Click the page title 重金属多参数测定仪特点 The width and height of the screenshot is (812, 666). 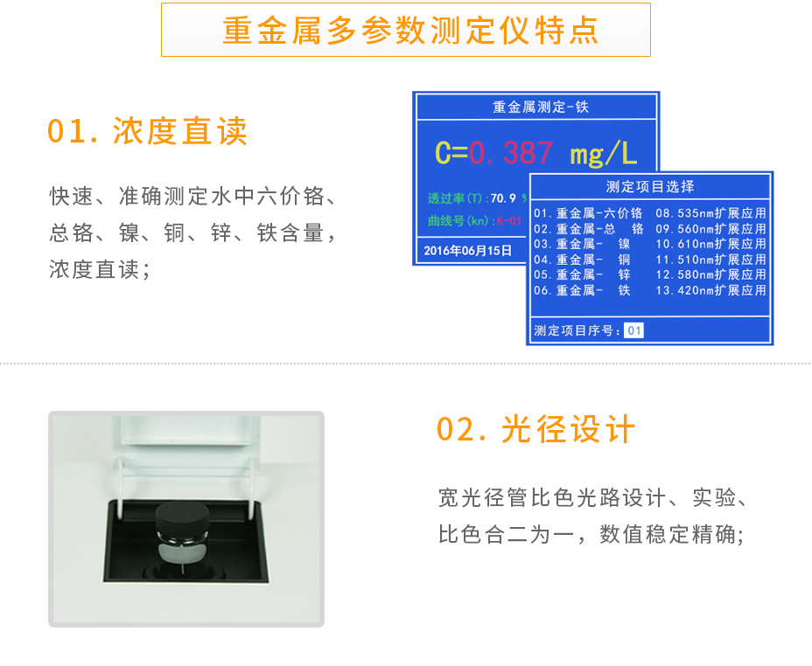point(406,30)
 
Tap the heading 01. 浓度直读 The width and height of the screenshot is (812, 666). point(148,131)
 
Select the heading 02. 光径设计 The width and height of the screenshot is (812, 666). point(536,430)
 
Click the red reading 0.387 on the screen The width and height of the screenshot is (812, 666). point(511,154)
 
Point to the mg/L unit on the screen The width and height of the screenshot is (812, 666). point(603,154)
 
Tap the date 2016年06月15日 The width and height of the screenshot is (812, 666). point(467,250)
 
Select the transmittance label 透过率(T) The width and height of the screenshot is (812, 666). point(457,198)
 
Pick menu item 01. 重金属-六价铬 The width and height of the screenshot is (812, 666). point(588,213)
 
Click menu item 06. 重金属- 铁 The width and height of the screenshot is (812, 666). point(582,290)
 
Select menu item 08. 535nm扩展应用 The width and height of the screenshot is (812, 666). point(710,213)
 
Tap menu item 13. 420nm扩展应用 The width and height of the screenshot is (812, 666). point(710,290)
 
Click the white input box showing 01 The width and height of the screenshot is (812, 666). point(634,330)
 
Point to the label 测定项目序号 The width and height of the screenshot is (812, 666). point(576,330)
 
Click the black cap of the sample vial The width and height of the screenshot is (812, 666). point(185,518)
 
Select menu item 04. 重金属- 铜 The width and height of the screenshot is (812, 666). point(582,260)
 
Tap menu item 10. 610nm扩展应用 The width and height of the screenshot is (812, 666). point(710,244)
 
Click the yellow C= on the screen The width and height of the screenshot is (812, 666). point(451,154)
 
